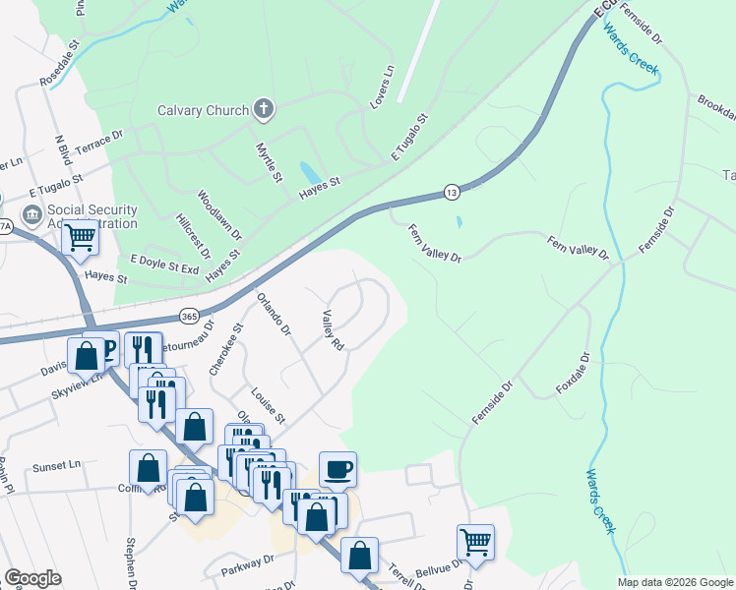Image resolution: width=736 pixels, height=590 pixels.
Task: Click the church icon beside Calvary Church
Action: (263, 109)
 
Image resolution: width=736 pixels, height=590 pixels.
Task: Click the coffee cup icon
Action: (337, 469)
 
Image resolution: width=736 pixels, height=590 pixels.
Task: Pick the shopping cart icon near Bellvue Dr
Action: (475, 541)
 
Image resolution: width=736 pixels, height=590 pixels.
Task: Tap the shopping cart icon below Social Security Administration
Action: (80, 236)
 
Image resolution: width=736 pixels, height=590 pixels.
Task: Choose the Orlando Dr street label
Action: (274, 313)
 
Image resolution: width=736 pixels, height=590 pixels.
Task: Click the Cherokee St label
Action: (224, 349)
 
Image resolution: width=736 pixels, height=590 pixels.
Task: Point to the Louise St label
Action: (266, 405)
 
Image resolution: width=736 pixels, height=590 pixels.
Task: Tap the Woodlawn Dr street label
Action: (219, 215)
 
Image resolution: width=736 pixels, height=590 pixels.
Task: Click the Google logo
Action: (32, 578)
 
